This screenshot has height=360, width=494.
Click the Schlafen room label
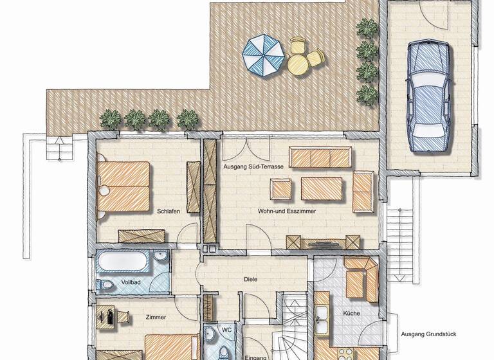point(168,211)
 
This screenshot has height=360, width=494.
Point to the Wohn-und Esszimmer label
point(288,211)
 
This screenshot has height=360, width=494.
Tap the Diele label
point(251,280)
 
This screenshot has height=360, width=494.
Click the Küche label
point(351,314)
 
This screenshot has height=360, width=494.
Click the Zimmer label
point(156,318)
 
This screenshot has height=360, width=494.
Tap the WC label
point(226,330)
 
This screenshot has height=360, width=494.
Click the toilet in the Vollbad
point(106,284)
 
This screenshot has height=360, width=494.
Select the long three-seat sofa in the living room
point(320,156)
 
